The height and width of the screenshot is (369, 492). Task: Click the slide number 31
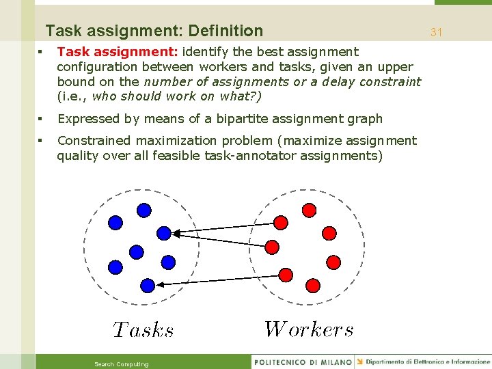pyautogui.click(x=437, y=32)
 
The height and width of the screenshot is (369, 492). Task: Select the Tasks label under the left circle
pyautogui.click(x=143, y=331)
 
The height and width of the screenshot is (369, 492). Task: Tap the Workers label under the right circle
pyautogui.click(x=309, y=329)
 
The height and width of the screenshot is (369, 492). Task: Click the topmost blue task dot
pyautogui.click(x=143, y=210)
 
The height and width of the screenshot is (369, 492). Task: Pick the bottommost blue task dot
pyautogui.click(x=148, y=285)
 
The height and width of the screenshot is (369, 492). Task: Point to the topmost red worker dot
pyautogui.click(x=309, y=210)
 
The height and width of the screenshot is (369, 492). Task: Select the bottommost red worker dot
pyautogui.click(x=314, y=285)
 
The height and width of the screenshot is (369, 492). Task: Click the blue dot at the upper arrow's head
pyautogui.click(x=164, y=233)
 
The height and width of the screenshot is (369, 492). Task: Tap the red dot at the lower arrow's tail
pyautogui.click(x=286, y=275)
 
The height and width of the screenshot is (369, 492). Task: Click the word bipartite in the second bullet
pyautogui.click(x=243, y=119)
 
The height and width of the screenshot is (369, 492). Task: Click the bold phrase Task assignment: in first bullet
pyautogui.click(x=118, y=52)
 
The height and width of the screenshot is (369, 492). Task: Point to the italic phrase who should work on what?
pyautogui.click(x=176, y=96)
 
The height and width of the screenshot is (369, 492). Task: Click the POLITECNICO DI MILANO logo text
pyautogui.click(x=303, y=361)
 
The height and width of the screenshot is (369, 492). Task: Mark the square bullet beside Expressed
pyautogui.click(x=42, y=119)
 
